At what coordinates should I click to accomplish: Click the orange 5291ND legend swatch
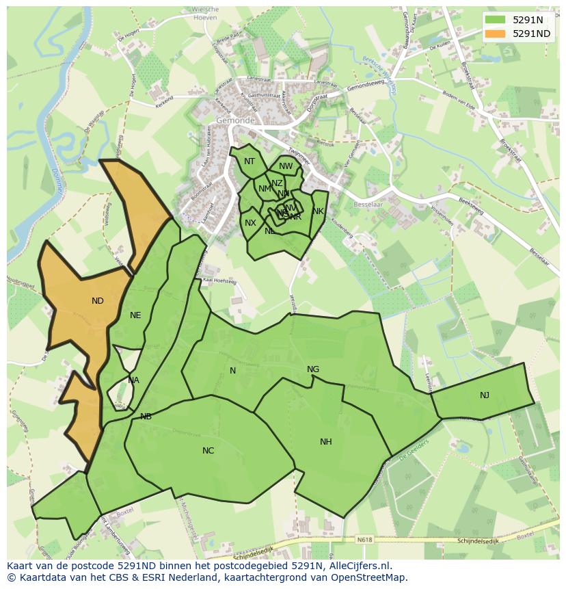tap(496, 33)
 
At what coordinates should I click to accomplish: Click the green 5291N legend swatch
tap(496, 21)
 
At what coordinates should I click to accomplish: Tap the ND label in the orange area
tap(98, 300)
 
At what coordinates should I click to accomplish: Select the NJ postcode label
tap(484, 395)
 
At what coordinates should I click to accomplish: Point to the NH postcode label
tap(326, 442)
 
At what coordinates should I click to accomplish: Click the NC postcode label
tap(208, 450)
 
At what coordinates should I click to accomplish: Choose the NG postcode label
tap(313, 369)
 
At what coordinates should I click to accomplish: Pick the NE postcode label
tap(135, 315)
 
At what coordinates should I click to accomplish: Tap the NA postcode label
tap(134, 380)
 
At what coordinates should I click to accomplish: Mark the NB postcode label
tap(146, 416)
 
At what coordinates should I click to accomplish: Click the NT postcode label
tap(250, 161)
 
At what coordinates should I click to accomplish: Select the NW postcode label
tap(286, 166)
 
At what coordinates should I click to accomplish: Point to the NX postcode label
tap(250, 223)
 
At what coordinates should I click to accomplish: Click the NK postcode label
tap(318, 211)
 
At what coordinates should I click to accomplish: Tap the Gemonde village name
tap(234, 120)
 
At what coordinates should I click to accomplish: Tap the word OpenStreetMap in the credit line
tap(373, 577)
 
